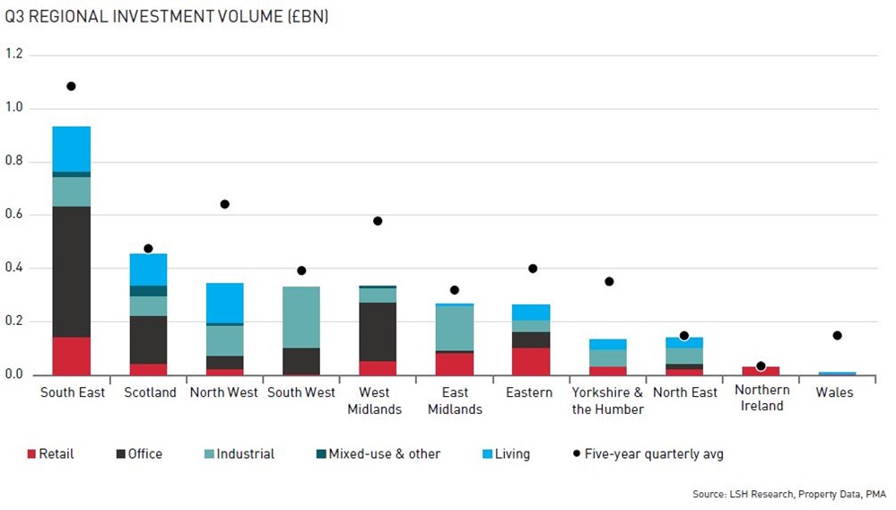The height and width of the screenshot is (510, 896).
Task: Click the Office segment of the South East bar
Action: (x=72, y=271)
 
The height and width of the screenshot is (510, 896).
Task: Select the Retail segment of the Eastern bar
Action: (x=532, y=361)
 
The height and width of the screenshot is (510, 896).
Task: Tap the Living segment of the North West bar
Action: (x=225, y=303)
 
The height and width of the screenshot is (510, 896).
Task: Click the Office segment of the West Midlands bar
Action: (x=378, y=331)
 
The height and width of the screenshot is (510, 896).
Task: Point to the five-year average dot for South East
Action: (x=71, y=86)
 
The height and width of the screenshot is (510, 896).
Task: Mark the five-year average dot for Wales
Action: (x=837, y=336)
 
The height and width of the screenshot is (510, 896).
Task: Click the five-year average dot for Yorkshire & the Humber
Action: (x=609, y=282)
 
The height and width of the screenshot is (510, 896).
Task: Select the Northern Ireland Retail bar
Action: (x=761, y=371)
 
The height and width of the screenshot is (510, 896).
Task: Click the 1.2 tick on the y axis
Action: (x=14, y=55)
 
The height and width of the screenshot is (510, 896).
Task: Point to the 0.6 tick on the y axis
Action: (x=14, y=215)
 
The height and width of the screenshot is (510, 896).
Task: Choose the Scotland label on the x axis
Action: (x=149, y=393)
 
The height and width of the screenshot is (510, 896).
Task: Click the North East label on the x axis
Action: (x=685, y=393)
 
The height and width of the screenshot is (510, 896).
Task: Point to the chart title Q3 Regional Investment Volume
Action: (x=166, y=17)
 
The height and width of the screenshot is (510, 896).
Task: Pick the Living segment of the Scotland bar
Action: (x=149, y=269)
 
